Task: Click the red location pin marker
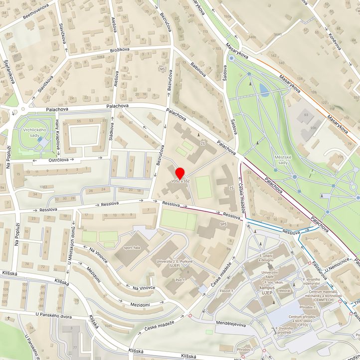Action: (180, 174)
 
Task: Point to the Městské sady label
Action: (281, 160)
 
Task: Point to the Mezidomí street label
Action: (140, 304)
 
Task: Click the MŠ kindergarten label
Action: (162, 68)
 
